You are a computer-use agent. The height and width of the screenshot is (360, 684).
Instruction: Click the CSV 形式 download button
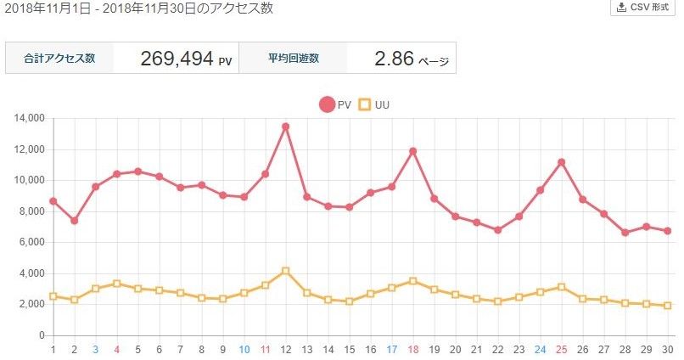tap(644, 8)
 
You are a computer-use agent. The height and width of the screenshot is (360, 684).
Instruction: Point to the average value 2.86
tap(393, 59)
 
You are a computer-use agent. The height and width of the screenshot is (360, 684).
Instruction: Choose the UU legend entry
tap(374, 104)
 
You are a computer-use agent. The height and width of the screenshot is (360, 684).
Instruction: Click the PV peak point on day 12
tap(285, 127)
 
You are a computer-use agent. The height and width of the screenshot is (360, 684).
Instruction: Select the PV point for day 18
tap(412, 151)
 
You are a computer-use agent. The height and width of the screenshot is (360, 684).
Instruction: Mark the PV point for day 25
tap(561, 162)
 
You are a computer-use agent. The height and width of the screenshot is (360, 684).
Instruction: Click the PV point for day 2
tap(74, 221)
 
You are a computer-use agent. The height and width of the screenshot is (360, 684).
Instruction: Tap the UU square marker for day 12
tap(285, 271)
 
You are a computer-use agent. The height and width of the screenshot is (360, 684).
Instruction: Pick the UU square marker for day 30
tap(667, 306)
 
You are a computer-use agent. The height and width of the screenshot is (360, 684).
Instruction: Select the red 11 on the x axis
tap(265, 349)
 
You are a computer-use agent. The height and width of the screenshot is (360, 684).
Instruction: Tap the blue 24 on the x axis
tap(540, 349)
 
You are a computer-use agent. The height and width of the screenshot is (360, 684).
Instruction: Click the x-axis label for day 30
tap(667, 349)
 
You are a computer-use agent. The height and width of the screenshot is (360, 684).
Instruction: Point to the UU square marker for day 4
tap(116, 284)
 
